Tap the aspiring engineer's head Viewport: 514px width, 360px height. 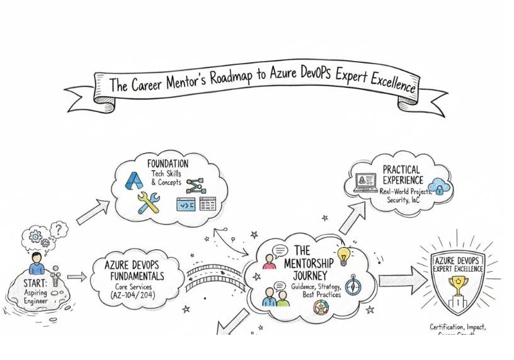tap(37, 258)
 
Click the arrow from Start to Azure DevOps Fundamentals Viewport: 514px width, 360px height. tap(77, 277)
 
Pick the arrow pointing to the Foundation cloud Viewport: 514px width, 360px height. tap(91, 213)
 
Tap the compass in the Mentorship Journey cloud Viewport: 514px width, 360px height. tap(351, 284)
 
